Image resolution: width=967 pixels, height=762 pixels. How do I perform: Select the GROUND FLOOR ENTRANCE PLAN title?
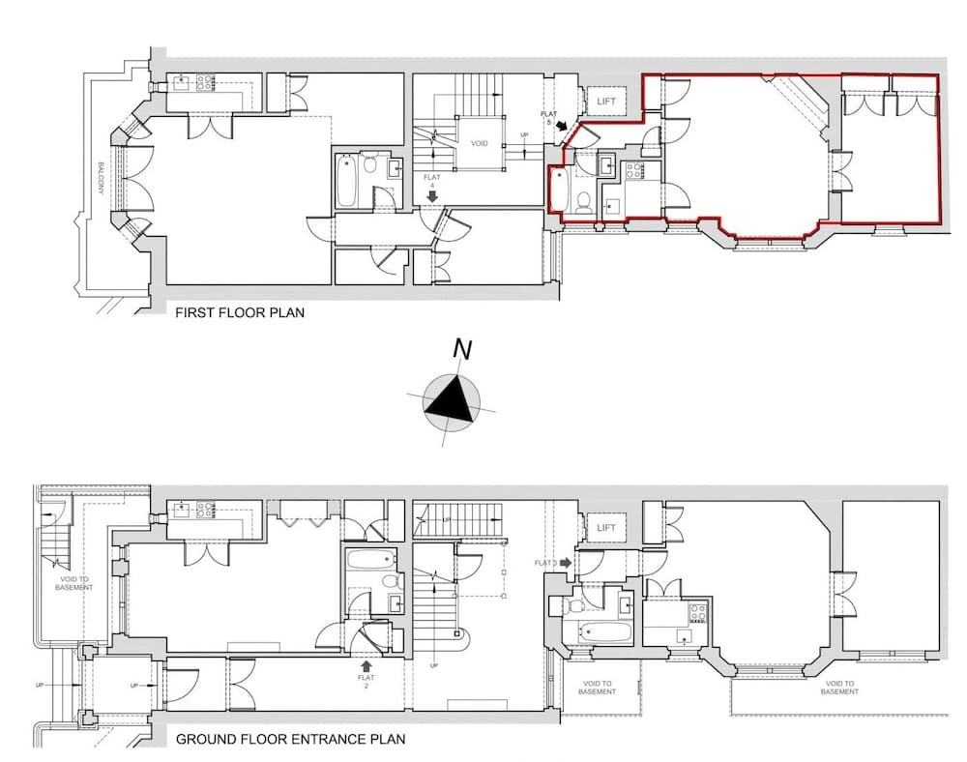tap(290, 740)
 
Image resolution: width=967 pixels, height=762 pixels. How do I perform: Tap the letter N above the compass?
tap(462, 350)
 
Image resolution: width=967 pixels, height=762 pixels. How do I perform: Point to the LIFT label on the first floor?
tap(607, 101)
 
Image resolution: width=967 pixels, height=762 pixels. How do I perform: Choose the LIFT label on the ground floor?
tap(606, 528)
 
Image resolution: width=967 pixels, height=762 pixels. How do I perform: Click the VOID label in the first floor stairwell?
tap(480, 143)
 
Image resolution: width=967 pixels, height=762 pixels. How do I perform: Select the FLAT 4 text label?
tap(431, 182)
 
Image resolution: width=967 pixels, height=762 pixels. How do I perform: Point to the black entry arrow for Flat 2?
tap(366, 665)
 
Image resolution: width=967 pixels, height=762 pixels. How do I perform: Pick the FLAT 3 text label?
tap(545, 562)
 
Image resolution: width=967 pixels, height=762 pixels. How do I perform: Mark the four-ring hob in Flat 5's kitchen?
tap(635, 171)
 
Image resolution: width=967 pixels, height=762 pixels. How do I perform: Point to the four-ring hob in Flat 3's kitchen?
tap(697, 612)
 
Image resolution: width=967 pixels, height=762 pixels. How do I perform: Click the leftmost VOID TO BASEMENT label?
tap(73, 583)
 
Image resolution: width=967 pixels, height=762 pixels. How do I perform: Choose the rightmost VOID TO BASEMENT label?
tap(839, 687)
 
